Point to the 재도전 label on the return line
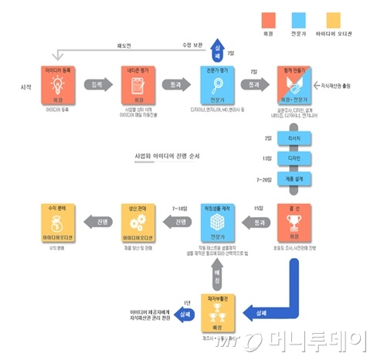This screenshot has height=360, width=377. click(x=124, y=45)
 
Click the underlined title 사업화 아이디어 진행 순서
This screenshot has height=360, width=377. click(x=168, y=155)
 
